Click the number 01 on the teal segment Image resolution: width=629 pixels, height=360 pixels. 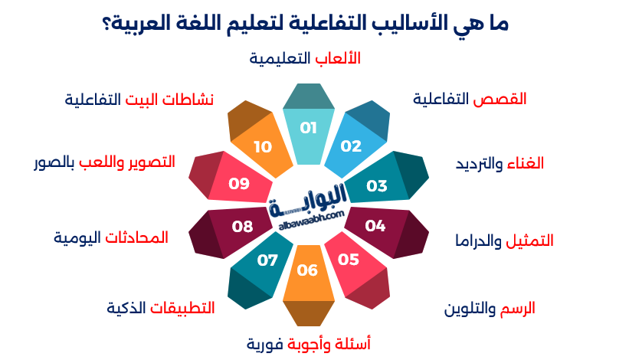[x=308, y=128]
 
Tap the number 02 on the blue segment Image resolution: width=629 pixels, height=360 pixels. [x=351, y=146]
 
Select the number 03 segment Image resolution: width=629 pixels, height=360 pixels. [x=377, y=186]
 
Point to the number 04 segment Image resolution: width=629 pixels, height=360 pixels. [x=375, y=226]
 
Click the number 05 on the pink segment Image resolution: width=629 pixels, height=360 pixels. [x=349, y=260]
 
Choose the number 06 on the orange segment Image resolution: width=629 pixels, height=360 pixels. [x=307, y=270]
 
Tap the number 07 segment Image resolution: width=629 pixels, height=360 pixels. [x=267, y=260]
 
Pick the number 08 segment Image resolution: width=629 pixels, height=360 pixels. [x=242, y=227]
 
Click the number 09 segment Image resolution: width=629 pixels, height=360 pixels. [x=240, y=184]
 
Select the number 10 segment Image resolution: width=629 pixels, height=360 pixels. [x=263, y=146]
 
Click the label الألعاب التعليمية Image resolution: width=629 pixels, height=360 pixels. [x=306, y=58]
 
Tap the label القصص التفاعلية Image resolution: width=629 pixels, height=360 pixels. [x=470, y=99]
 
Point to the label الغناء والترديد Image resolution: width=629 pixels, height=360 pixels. [x=500, y=163]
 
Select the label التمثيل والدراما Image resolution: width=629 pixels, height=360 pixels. [x=504, y=241]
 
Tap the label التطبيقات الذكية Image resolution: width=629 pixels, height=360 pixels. [x=161, y=308]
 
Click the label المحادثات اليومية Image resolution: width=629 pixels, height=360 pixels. [x=111, y=237]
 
